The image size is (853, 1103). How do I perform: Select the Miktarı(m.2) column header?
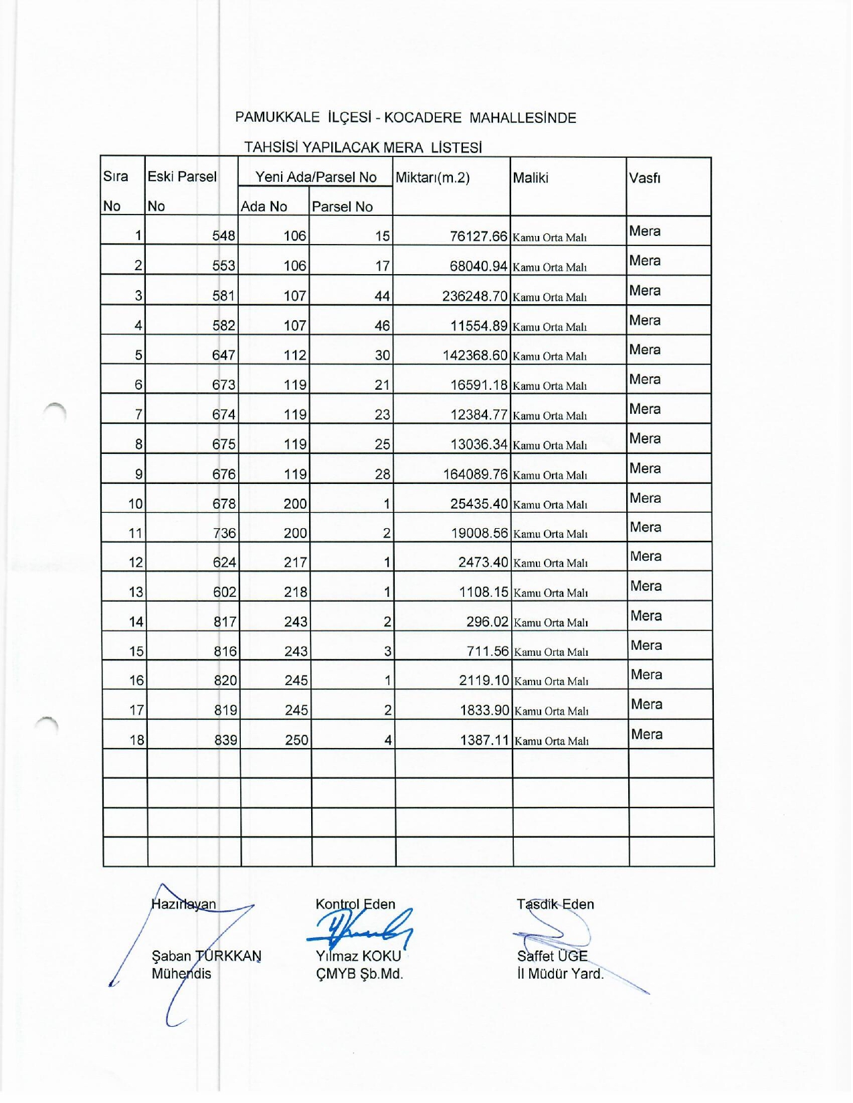[x=433, y=178]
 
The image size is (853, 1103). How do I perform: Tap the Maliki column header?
[x=531, y=178]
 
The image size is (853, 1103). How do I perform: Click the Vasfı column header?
[x=644, y=178]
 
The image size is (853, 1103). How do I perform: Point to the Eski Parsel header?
[x=182, y=176]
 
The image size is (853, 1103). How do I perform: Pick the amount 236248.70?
[x=474, y=296]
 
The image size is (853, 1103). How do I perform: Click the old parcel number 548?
[x=223, y=236]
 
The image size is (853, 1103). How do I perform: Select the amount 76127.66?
[x=478, y=236]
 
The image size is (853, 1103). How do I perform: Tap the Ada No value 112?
[x=294, y=356]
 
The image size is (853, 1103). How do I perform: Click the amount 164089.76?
[x=475, y=475]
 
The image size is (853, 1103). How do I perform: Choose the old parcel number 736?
[x=224, y=533]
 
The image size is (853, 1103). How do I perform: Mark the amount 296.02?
[x=487, y=622]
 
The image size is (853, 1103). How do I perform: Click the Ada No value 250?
[x=296, y=740]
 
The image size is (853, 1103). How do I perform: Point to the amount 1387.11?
[x=484, y=740]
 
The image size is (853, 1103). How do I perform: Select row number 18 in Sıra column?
[x=136, y=740]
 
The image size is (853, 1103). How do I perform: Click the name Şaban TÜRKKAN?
[x=206, y=956]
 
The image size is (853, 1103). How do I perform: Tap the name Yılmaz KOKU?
[x=358, y=956]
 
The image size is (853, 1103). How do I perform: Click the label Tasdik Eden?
[x=555, y=904]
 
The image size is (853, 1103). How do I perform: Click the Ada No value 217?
[x=295, y=563]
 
